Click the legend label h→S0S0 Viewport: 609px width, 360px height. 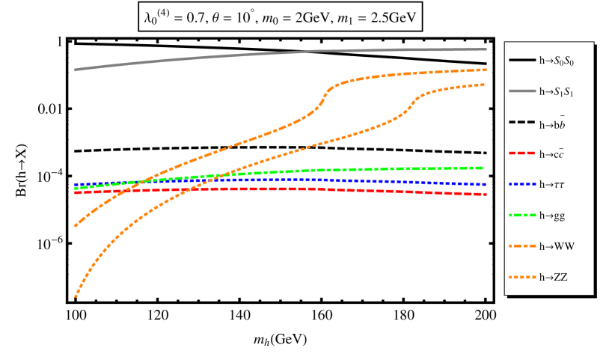(557, 61)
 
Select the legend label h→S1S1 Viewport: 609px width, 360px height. (557, 91)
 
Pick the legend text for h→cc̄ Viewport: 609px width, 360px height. (551, 154)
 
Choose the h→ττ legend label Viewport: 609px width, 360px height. (552, 184)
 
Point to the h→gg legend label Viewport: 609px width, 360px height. (552, 216)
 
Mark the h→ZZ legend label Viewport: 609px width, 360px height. (554, 277)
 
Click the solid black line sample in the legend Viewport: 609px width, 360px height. (522, 60)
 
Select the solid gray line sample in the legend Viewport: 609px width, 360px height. (522, 91)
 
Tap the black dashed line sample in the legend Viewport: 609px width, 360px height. (522, 122)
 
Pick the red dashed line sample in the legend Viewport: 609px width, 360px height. (522, 153)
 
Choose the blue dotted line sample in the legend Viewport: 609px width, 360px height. (522, 184)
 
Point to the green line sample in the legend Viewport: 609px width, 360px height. (522, 216)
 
